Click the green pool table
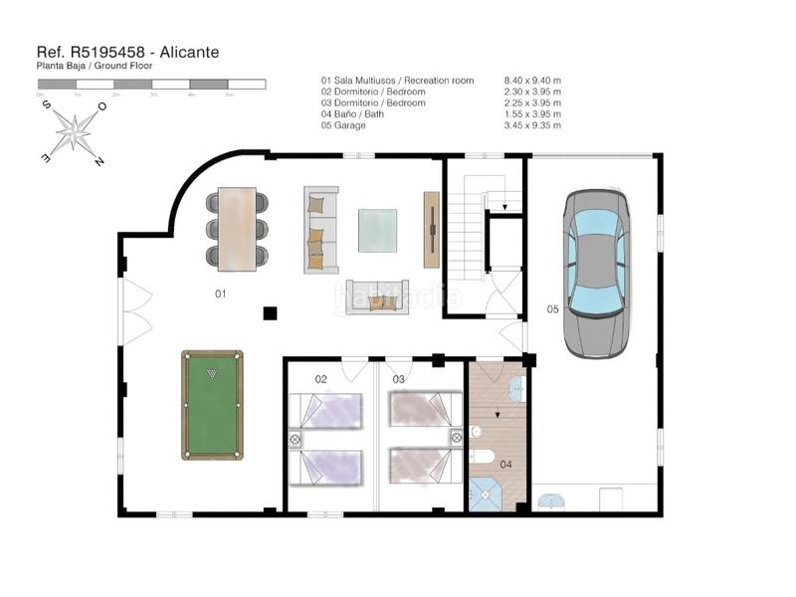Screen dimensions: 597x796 (x=212, y=405)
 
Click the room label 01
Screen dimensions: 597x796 (x=221, y=295)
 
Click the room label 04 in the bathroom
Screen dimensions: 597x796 (x=504, y=464)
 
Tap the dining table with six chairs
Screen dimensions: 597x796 (x=237, y=229)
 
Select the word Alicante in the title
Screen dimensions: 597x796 (x=184, y=52)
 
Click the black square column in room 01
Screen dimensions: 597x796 (x=270, y=313)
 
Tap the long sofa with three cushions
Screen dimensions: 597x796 (x=320, y=229)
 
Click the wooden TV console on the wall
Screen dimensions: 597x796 (x=431, y=229)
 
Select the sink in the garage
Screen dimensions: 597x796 (x=550, y=499)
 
